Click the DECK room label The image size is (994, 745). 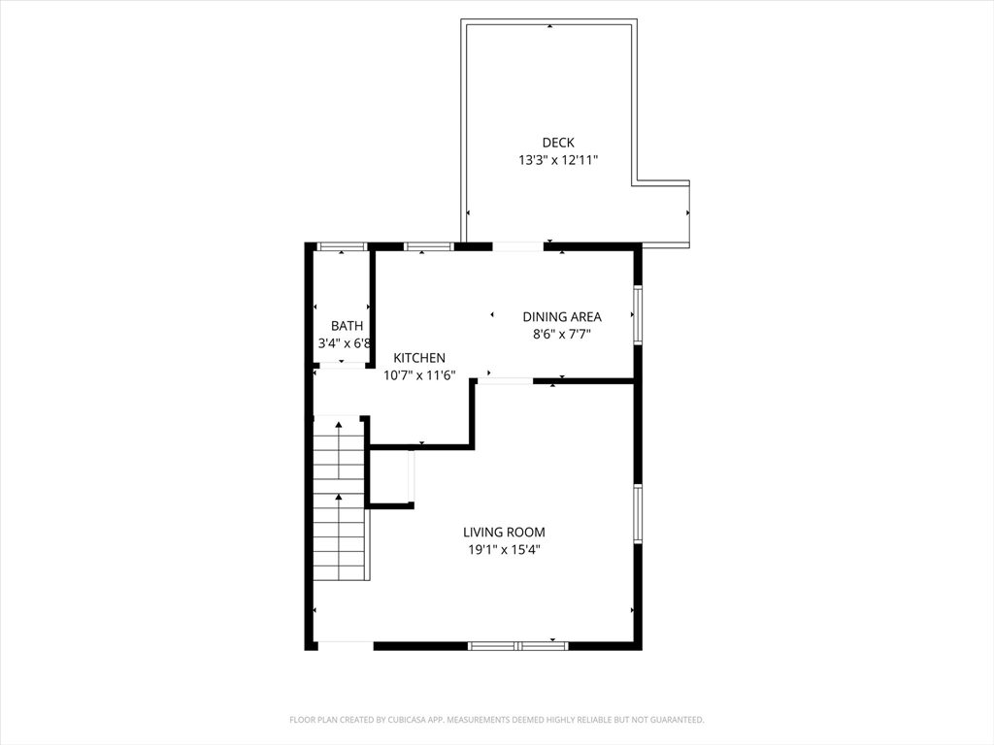(557, 143)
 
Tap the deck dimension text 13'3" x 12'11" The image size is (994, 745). (557, 160)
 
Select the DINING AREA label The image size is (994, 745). (561, 316)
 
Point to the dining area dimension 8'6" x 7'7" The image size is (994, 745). (561, 334)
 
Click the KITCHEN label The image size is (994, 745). (419, 358)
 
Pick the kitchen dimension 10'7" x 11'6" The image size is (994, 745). (419, 375)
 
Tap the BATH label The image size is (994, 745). (347, 326)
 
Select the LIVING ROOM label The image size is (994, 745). (504, 532)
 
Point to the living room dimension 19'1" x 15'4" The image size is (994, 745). (504, 549)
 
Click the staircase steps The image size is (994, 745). (339, 500)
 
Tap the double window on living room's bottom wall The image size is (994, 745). (517, 645)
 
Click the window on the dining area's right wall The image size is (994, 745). (638, 314)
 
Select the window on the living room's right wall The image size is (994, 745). (638, 513)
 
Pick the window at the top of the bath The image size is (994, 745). (342, 246)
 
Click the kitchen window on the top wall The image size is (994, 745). (428, 246)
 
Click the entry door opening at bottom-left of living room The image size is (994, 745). (345, 645)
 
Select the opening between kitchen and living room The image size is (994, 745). (505, 381)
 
